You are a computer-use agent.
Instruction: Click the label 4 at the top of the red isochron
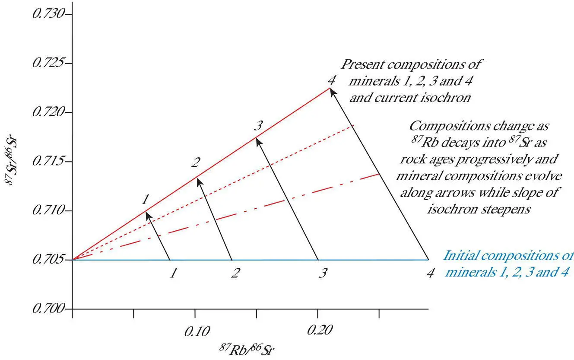[x=331, y=80]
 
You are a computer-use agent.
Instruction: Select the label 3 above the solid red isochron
[x=258, y=126]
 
